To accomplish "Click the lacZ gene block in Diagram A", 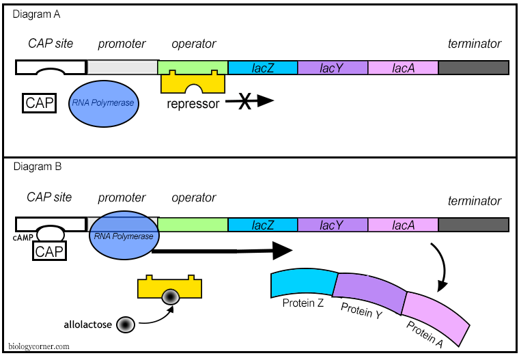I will (262, 68).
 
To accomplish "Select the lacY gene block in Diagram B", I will (333, 225).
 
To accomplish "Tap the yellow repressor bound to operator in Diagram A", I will (193, 83).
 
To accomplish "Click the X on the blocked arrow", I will (244, 102).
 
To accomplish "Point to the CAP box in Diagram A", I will (40, 103).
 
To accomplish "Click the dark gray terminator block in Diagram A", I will (473, 68).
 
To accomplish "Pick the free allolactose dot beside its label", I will (126, 324).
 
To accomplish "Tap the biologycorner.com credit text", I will (39, 346).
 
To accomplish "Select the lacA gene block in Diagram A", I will (403, 68).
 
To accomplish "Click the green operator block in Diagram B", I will (193, 225).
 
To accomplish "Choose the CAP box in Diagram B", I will (50, 252).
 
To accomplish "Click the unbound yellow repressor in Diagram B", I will (169, 290).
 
